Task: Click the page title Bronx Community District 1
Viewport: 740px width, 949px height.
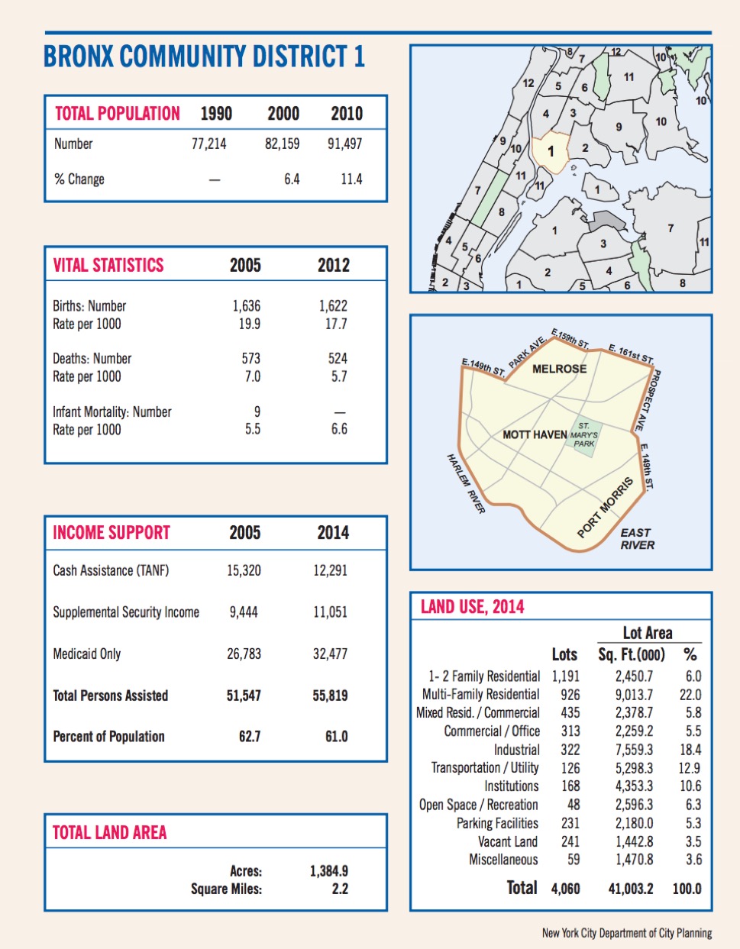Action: (x=204, y=57)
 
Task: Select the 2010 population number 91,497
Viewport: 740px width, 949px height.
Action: (x=344, y=144)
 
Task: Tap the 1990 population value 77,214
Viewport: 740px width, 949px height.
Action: (x=208, y=144)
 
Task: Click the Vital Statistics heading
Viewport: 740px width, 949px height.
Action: (x=108, y=266)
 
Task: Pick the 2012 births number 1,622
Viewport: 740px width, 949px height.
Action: (x=333, y=305)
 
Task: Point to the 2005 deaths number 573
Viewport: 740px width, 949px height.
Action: (x=250, y=358)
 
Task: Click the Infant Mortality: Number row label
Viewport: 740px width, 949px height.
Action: (x=112, y=412)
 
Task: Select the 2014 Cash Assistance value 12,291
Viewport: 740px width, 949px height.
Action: (x=330, y=570)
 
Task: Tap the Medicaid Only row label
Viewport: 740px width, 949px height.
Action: (x=87, y=654)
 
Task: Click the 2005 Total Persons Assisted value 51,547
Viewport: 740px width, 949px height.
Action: (x=244, y=696)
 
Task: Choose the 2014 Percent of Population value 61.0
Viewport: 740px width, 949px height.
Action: (x=336, y=737)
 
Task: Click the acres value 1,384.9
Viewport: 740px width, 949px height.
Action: (x=329, y=871)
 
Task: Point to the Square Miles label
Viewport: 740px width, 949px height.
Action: (x=226, y=889)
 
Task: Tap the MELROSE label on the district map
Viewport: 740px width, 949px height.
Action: (x=559, y=369)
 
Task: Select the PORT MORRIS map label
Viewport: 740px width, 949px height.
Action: (x=606, y=508)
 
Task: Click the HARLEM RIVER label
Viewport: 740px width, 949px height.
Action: (x=466, y=483)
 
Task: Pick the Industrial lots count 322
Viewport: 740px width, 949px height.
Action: (x=570, y=750)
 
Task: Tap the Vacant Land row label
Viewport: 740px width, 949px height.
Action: (x=508, y=841)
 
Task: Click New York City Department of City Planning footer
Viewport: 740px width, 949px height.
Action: (x=626, y=933)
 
